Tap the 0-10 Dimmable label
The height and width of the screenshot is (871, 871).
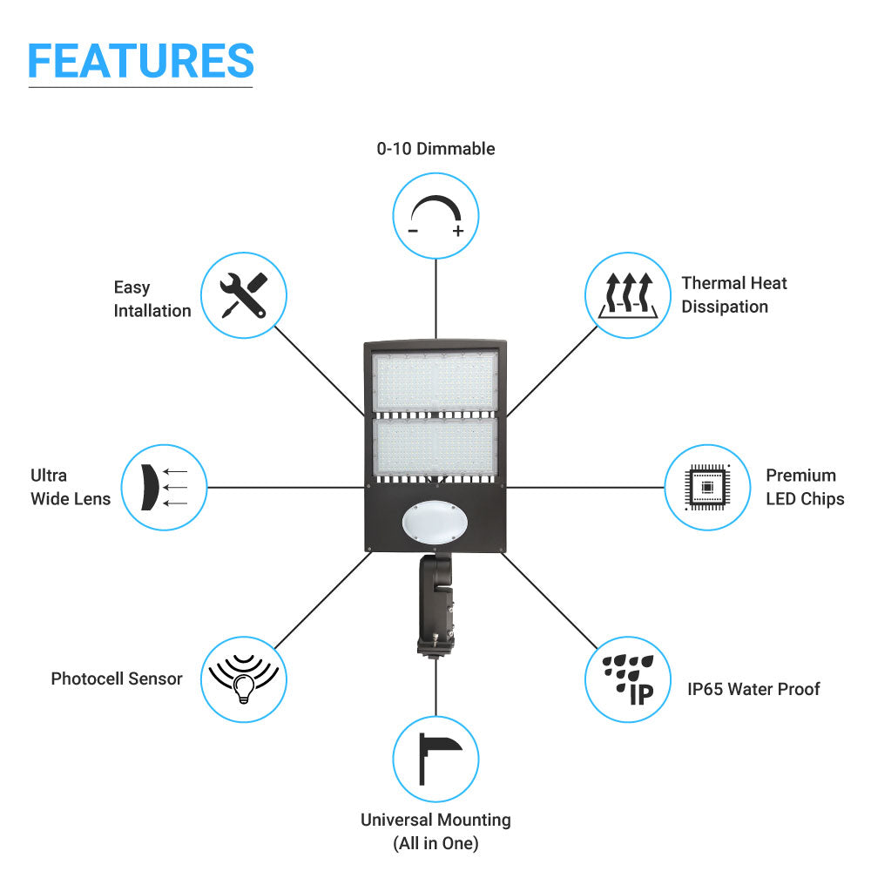(x=435, y=149)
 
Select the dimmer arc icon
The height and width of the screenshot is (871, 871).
(x=435, y=215)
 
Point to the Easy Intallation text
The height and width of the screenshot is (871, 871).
(x=152, y=299)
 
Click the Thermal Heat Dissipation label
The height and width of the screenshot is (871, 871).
(x=734, y=294)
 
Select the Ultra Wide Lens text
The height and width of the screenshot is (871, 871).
(x=71, y=487)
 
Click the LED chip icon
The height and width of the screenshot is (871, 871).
(x=707, y=487)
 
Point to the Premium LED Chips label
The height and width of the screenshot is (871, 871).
(x=805, y=487)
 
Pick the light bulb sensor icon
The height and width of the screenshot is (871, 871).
(x=244, y=679)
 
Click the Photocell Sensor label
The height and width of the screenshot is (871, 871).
(x=117, y=679)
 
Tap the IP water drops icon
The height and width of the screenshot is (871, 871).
(x=627, y=679)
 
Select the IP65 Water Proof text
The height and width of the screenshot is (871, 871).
(x=753, y=689)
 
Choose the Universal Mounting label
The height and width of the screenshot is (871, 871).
(x=435, y=831)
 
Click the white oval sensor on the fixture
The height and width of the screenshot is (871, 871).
(x=435, y=522)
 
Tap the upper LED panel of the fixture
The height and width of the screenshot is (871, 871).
(x=435, y=381)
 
